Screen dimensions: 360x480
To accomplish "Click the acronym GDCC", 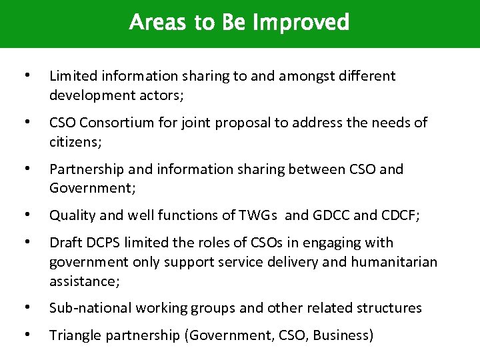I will click(332, 215).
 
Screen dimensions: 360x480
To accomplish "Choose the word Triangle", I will click(75, 335).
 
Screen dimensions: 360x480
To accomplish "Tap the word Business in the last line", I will click(342, 335).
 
